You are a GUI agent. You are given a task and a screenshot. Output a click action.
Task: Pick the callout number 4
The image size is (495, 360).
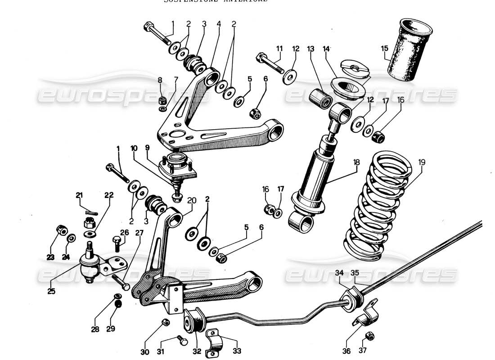click(x=219, y=23)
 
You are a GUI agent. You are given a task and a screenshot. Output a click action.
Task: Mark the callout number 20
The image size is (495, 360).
click(x=192, y=200)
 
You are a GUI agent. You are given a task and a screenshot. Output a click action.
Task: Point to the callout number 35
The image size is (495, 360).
click(x=355, y=272)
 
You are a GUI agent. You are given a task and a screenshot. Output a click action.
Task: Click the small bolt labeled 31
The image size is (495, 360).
click(x=181, y=341)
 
